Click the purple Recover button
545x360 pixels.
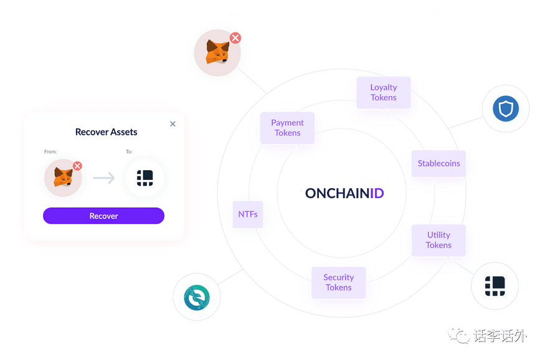[103, 216]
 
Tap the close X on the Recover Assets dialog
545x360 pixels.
[173, 124]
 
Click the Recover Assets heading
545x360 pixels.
[106, 132]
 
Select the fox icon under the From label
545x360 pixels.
[63, 178]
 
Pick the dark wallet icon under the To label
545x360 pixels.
[145, 178]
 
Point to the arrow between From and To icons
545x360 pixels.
[104, 178]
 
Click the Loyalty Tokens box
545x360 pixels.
[383, 92]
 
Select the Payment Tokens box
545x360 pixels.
[287, 128]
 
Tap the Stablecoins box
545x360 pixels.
[438, 164]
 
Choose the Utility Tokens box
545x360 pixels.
[438, 240]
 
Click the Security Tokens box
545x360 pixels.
[338, 282]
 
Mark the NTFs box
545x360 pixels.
[248, 214]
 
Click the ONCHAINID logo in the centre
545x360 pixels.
[344, 193]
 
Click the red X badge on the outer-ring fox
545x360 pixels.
[235, 38]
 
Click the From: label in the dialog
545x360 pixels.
[50, 151]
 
